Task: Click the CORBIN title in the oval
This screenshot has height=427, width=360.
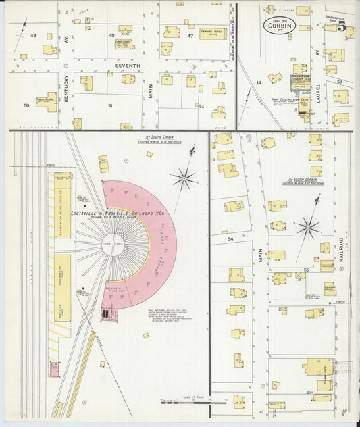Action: (x=279, y=30)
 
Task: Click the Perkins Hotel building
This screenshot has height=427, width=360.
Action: (x=213, y=33)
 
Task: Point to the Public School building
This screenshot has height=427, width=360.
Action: (x=47, y=101)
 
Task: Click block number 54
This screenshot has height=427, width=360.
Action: (x=230, y=238)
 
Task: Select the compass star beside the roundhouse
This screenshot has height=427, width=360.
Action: (x=183, y=178)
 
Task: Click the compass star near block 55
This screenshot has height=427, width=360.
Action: (x=308, y=227)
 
